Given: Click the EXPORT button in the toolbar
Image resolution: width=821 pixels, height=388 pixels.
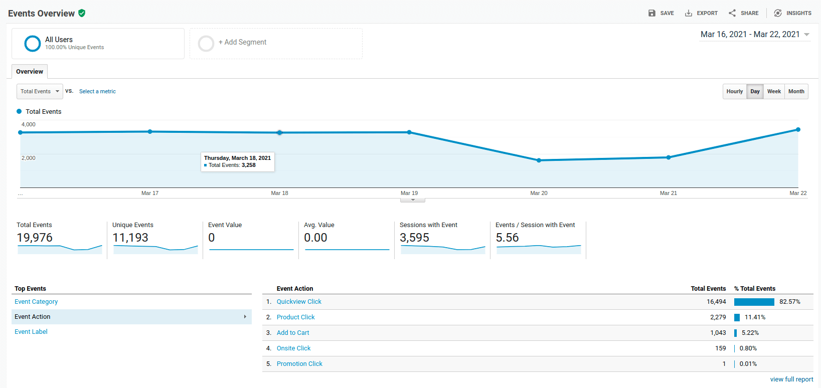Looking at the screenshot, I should [701, 13].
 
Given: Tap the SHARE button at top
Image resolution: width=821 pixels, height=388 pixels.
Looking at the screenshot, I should [744, 13].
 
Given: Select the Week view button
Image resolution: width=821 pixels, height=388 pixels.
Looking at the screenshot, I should [774, 91].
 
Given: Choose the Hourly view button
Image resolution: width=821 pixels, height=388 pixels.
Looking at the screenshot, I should [734, 91].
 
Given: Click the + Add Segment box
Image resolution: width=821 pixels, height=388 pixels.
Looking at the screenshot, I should [276, 43].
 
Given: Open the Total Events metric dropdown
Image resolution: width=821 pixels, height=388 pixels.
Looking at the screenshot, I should [40, 91].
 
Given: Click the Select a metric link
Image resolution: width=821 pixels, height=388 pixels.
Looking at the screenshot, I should [97, 91].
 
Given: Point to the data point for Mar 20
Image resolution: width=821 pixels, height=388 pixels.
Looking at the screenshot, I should [539, 160].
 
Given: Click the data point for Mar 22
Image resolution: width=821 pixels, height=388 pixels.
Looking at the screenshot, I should [798, 130].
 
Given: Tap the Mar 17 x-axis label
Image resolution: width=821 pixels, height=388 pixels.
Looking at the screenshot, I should [150, 193].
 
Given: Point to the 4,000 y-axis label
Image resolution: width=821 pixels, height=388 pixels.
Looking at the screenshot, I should [29, 124].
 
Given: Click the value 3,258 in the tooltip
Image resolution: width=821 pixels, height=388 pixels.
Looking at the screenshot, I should [249, 165].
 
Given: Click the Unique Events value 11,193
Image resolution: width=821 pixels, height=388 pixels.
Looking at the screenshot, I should [130, 238].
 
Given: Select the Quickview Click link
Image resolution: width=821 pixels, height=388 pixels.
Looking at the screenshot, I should [299, 302].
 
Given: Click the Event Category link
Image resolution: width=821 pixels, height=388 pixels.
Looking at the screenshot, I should [36, 302].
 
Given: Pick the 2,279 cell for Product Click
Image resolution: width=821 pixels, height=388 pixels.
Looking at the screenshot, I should [718, 317].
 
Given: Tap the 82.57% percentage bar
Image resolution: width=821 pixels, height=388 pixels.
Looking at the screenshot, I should [754, 302].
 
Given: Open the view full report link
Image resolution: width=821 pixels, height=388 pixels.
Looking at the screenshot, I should [791, 379].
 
